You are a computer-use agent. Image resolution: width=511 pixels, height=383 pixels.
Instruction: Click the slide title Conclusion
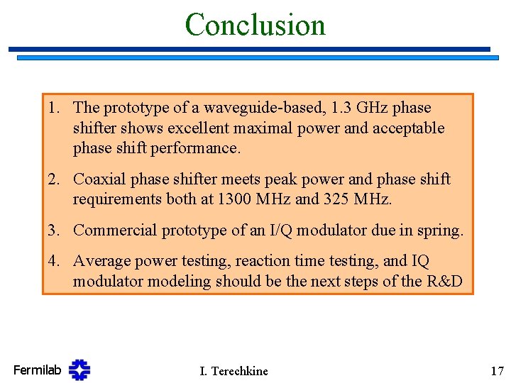coord(255,24)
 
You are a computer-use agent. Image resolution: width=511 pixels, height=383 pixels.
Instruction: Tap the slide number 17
coord(496,370)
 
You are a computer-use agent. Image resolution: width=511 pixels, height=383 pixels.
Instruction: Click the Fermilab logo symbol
coord(79,370)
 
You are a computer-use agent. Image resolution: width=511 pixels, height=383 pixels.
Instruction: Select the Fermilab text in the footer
coord(37,370)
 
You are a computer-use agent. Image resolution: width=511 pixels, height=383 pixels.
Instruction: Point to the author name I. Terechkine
coord(234,371)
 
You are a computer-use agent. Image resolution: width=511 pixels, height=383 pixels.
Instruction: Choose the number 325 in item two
coord(339,199)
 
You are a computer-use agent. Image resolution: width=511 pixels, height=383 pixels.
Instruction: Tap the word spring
coord(441,231)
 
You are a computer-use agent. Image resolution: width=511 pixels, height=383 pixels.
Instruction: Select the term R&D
coord(445,282)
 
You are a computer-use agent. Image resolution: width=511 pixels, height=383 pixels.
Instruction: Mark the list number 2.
coord(54,179)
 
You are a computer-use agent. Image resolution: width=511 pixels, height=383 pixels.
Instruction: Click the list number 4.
coord(54,261)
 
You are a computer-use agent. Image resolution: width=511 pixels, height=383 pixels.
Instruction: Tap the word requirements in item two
coord(117,199)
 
